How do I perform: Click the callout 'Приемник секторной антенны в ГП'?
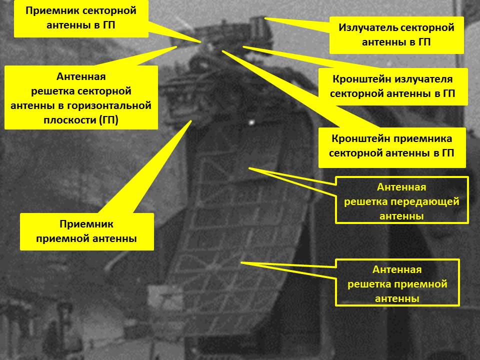[81, 18]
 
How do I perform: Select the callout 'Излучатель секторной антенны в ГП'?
[396, 35]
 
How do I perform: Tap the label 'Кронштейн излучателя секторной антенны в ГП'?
[393, 87]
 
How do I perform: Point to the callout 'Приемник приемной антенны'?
[86, 231]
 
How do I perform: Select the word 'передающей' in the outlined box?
[430, 202]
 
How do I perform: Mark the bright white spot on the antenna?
[251, 122]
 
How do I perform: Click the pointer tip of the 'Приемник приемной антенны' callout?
[190, 121]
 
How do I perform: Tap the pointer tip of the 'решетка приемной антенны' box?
[241, 262]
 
